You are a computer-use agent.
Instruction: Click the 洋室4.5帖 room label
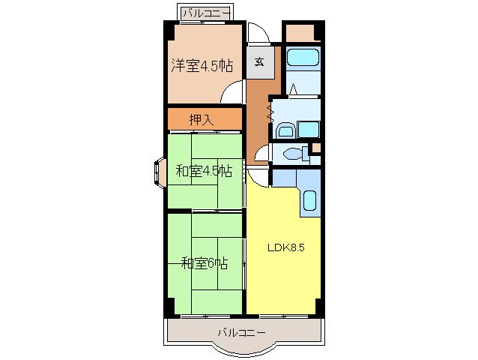(x=201, y=66)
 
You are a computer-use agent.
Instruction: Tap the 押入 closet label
(x=200, y=118)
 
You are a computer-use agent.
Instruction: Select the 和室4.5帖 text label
(x=203, y=171)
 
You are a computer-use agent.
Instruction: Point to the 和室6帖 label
(x=204, y=262)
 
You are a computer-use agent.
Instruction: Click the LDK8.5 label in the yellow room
(x=285, y=247)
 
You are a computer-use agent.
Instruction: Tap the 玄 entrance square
(x=259, y=62)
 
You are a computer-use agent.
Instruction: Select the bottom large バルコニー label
(x=241, y=331)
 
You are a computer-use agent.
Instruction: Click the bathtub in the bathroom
(x=303, y=58)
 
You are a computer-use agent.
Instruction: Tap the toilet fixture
(x=293, y=154)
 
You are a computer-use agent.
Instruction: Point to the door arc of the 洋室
(x=233, y=93)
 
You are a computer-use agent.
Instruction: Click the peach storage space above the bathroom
(x=302, y=32)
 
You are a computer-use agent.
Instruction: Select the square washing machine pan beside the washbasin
(x=308, y=130)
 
